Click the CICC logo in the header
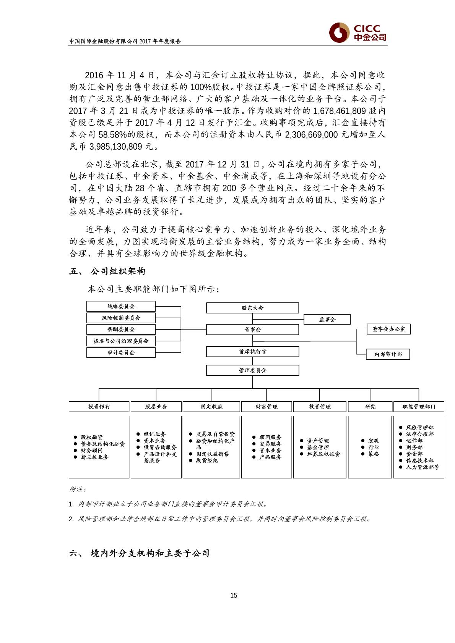[358, 32]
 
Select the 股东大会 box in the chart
[252, 308]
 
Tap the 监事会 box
[327, 319]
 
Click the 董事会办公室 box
[388, 329]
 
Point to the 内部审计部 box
[388, 354]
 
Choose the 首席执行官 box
[252, 351]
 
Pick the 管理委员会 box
[252, 370]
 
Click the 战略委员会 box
[121, 306]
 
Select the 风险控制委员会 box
[121, 318]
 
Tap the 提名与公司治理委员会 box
[121, 341]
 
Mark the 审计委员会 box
[121, 352]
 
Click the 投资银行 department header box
[99, 407]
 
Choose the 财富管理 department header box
[266, 407]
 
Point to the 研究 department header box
[370, 407]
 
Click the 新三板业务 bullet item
[94, 457]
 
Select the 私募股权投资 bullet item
[323, 454]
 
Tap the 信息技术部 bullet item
[419, 460]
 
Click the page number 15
[234, 595]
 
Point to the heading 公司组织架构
[118, 271]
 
